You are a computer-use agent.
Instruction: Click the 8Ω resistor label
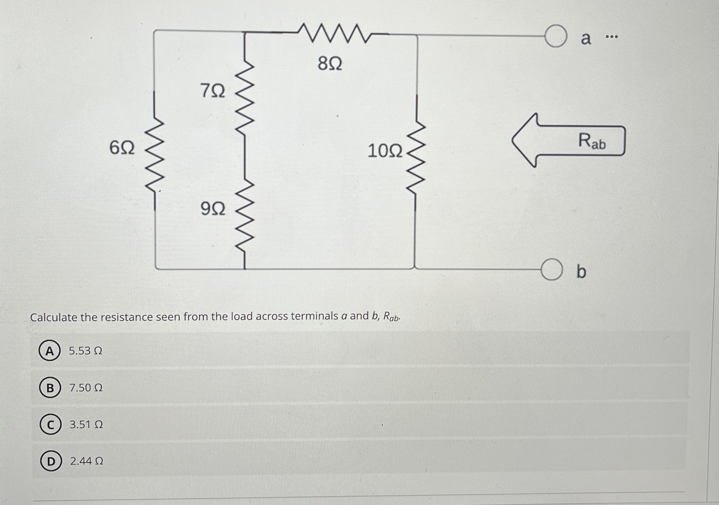[330, 64]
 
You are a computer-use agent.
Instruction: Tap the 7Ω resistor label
[213, 91]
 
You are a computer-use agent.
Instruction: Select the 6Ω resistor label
[122, 148]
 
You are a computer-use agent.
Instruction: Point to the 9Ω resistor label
[213, 209]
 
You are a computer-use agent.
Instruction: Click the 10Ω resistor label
[385, 151]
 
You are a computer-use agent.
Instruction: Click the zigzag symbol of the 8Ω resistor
[330, 33]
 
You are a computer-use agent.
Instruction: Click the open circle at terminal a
[556, 36]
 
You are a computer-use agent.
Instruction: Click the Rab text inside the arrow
[592, 141]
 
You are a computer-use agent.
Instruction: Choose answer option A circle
[49, 351]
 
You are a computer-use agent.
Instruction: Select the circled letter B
[49, 388]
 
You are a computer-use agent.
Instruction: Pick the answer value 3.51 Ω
[86, 425]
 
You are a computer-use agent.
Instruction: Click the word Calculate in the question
[54, 318]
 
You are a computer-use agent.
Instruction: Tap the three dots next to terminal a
[612, 37]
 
